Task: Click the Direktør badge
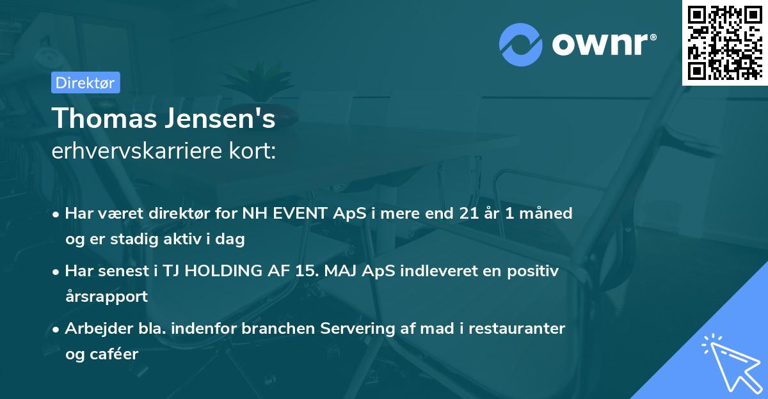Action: [x=85, y=82]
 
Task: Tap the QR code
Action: [x=725, y=43]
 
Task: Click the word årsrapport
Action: [x=106, y=297]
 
